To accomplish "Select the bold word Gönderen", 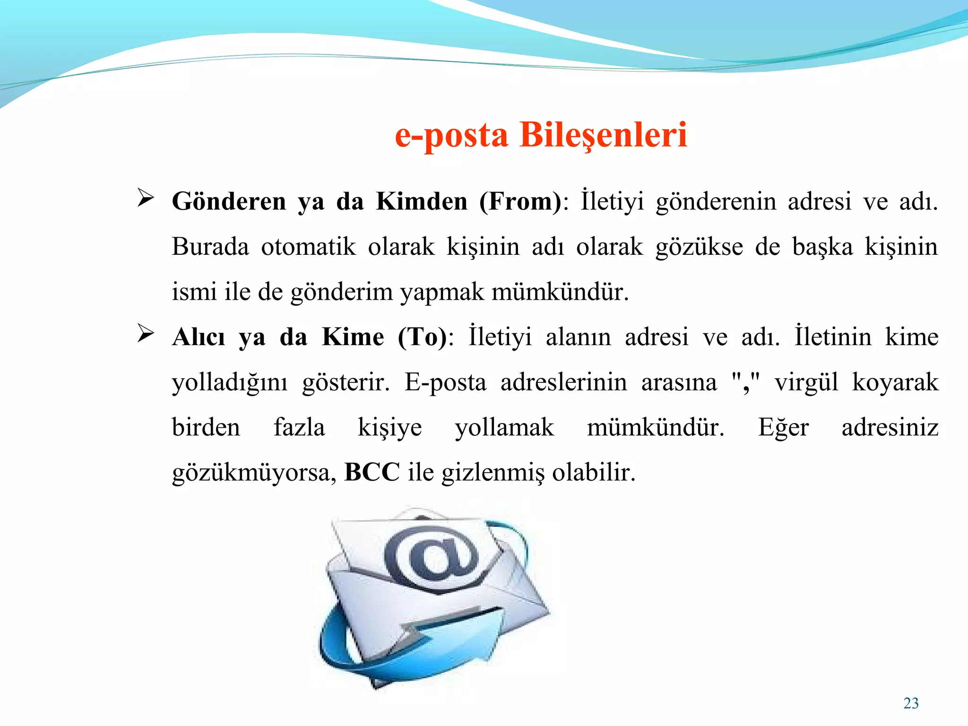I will point(229,202).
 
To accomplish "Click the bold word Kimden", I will point(422,202).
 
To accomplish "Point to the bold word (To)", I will point(422,337).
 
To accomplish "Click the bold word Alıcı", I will point(199,337).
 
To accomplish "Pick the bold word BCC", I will point(372,472).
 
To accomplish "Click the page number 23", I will point(911,703).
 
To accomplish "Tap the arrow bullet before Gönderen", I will point(146,198).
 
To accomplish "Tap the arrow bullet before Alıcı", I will point(146,333).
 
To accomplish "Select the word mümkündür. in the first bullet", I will point(560,292).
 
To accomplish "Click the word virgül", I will point(806,382).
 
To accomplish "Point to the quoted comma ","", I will point(745,382).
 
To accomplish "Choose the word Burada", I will point(210,247).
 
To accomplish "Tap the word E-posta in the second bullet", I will point(445,382).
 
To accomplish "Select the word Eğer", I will point(783,428).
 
